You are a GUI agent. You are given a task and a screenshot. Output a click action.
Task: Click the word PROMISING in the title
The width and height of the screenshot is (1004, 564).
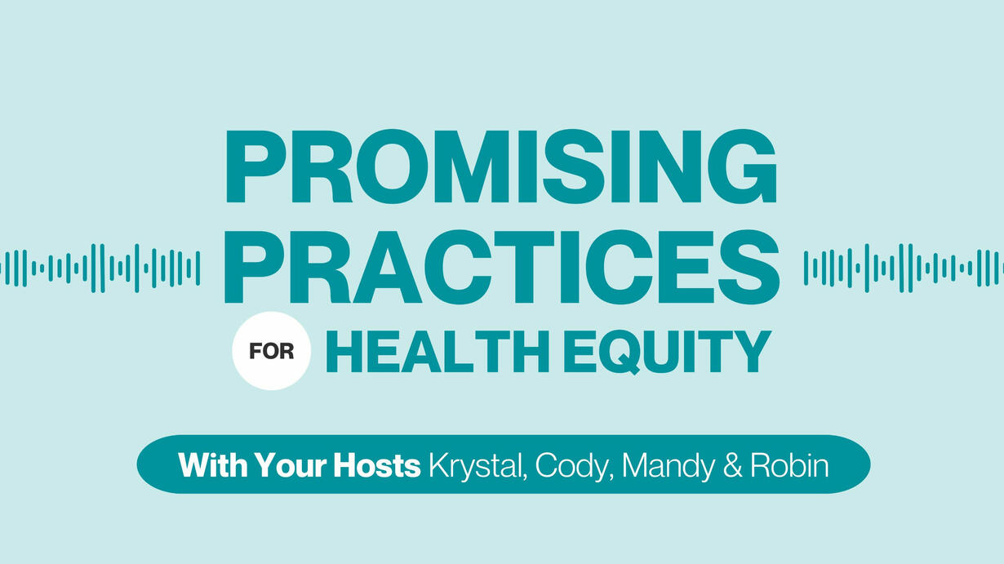point(501,167)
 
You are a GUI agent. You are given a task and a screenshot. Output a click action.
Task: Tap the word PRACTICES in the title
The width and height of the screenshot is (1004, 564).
point(502,268)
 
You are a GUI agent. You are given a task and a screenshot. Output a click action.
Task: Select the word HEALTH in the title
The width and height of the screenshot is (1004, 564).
point(438,352)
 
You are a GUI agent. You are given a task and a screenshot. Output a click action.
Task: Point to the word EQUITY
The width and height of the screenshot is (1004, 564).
point(667,352)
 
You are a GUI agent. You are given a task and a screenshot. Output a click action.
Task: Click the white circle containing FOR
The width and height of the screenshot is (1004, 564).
point(272,351)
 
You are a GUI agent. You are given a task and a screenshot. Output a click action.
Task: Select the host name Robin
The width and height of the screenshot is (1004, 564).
point(789,465)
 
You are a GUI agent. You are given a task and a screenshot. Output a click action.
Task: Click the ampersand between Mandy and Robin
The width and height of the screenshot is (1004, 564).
point(732,465)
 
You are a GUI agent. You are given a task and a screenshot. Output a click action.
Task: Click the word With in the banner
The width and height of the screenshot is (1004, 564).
point(213,465)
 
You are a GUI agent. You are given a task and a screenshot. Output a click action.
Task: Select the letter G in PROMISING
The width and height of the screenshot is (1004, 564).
point(740,167)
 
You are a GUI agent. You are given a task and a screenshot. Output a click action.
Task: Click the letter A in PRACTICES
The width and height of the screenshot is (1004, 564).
point(384,268)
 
